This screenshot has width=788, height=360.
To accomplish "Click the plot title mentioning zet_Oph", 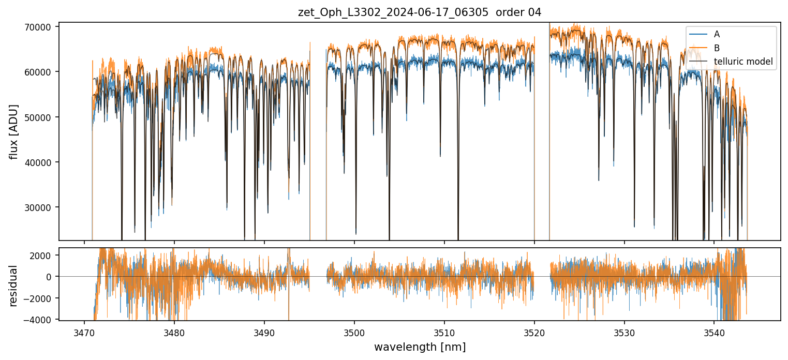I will (420, 12).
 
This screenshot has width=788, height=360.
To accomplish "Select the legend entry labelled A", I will (717, 34).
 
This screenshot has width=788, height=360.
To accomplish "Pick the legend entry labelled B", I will (717, 48).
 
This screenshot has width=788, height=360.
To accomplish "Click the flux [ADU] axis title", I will (13, 131).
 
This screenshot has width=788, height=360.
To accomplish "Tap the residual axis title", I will (13, 285).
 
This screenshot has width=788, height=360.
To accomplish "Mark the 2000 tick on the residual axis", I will (42, 256).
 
